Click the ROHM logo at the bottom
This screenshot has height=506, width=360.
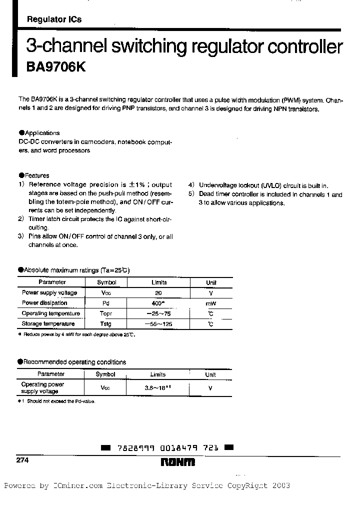178,463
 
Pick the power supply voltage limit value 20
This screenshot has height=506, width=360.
158,293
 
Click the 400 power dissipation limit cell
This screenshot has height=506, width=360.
158,303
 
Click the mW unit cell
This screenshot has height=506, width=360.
211,303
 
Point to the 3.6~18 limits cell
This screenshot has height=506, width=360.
158,387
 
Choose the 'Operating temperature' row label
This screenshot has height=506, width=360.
51,313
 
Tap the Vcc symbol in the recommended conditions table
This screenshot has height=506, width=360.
105,387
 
